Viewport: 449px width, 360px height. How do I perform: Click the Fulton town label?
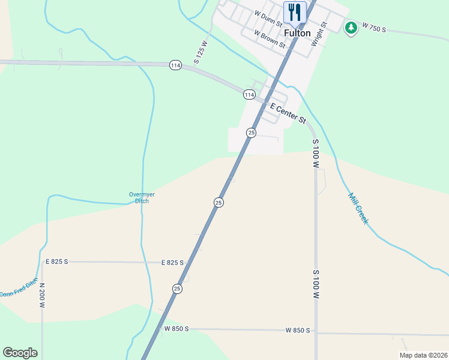(297, 34)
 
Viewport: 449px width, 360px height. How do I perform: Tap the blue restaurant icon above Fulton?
(295, 11)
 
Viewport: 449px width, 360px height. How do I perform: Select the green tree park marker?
(351, 27)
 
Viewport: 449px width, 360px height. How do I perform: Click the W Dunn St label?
(268, 14)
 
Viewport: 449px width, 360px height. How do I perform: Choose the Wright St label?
(318, 34)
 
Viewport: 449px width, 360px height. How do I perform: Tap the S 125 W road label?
(200, 52)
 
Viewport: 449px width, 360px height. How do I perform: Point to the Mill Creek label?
(358, 208)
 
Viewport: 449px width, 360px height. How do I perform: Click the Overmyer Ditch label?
(139, 197)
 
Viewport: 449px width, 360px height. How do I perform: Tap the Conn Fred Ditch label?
(18, 287)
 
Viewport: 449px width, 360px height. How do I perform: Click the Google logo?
(20, 353)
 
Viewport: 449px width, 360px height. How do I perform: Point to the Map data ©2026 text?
(423, 355)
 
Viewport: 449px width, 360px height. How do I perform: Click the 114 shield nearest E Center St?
(249, 95)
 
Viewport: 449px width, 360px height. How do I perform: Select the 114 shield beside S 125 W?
(175, 65)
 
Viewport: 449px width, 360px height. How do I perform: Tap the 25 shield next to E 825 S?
(177, 289)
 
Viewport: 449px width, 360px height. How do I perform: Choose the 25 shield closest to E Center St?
(252, 132)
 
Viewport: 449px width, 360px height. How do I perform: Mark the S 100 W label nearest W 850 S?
(315, 284)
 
